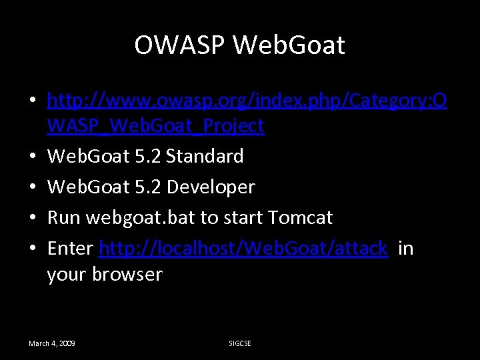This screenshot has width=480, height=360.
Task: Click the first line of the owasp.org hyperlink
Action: [247, 100]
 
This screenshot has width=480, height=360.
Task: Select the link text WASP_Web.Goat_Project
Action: [155, 125]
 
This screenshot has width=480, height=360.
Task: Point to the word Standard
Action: [205, 157]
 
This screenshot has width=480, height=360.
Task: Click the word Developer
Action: [211, 187]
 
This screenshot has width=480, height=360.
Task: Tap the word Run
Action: [63, 218]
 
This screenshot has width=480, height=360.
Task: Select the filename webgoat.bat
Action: [143, 218]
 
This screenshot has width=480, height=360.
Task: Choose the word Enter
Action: [70, 249]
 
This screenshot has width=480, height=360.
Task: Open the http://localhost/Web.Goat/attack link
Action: [243, 249]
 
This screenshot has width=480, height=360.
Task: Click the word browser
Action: [127, 274]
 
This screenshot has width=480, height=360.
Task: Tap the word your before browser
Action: [67, 274]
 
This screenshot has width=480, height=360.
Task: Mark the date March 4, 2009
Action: [51, 343]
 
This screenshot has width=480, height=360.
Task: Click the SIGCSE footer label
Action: [240, 343]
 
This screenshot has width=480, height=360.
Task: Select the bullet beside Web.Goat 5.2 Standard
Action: [32, 157]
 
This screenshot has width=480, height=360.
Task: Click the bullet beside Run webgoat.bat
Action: [32, 218]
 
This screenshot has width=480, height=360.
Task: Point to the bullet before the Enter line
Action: [32, 249]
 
